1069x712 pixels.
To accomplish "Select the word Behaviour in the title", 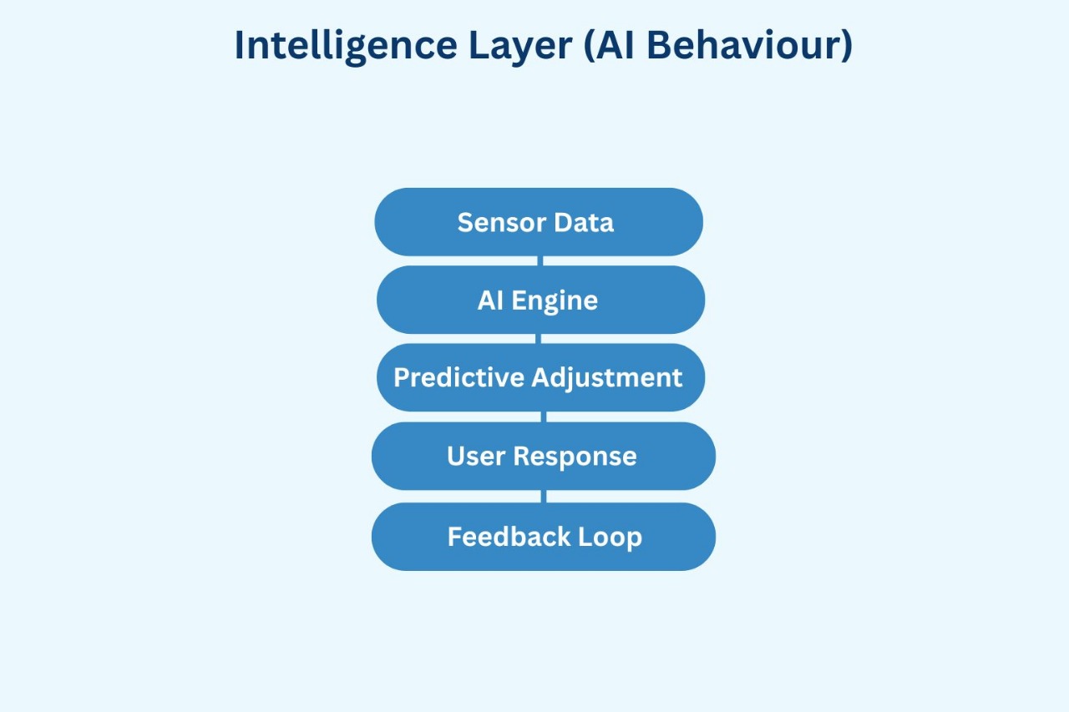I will (740, 45).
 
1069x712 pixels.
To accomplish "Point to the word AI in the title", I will (611, 45).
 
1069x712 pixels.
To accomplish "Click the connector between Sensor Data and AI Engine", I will (540, 260).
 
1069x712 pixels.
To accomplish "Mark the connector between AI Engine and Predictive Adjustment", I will (539, 338).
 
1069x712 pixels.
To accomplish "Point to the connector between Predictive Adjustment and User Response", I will (542, 417).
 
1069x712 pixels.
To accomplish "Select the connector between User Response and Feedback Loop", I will (544, 496).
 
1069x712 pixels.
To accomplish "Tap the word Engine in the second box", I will (555, 300).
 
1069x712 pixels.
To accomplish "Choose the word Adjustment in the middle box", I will (607, 377).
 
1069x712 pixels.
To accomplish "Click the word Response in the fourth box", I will (575, 456).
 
